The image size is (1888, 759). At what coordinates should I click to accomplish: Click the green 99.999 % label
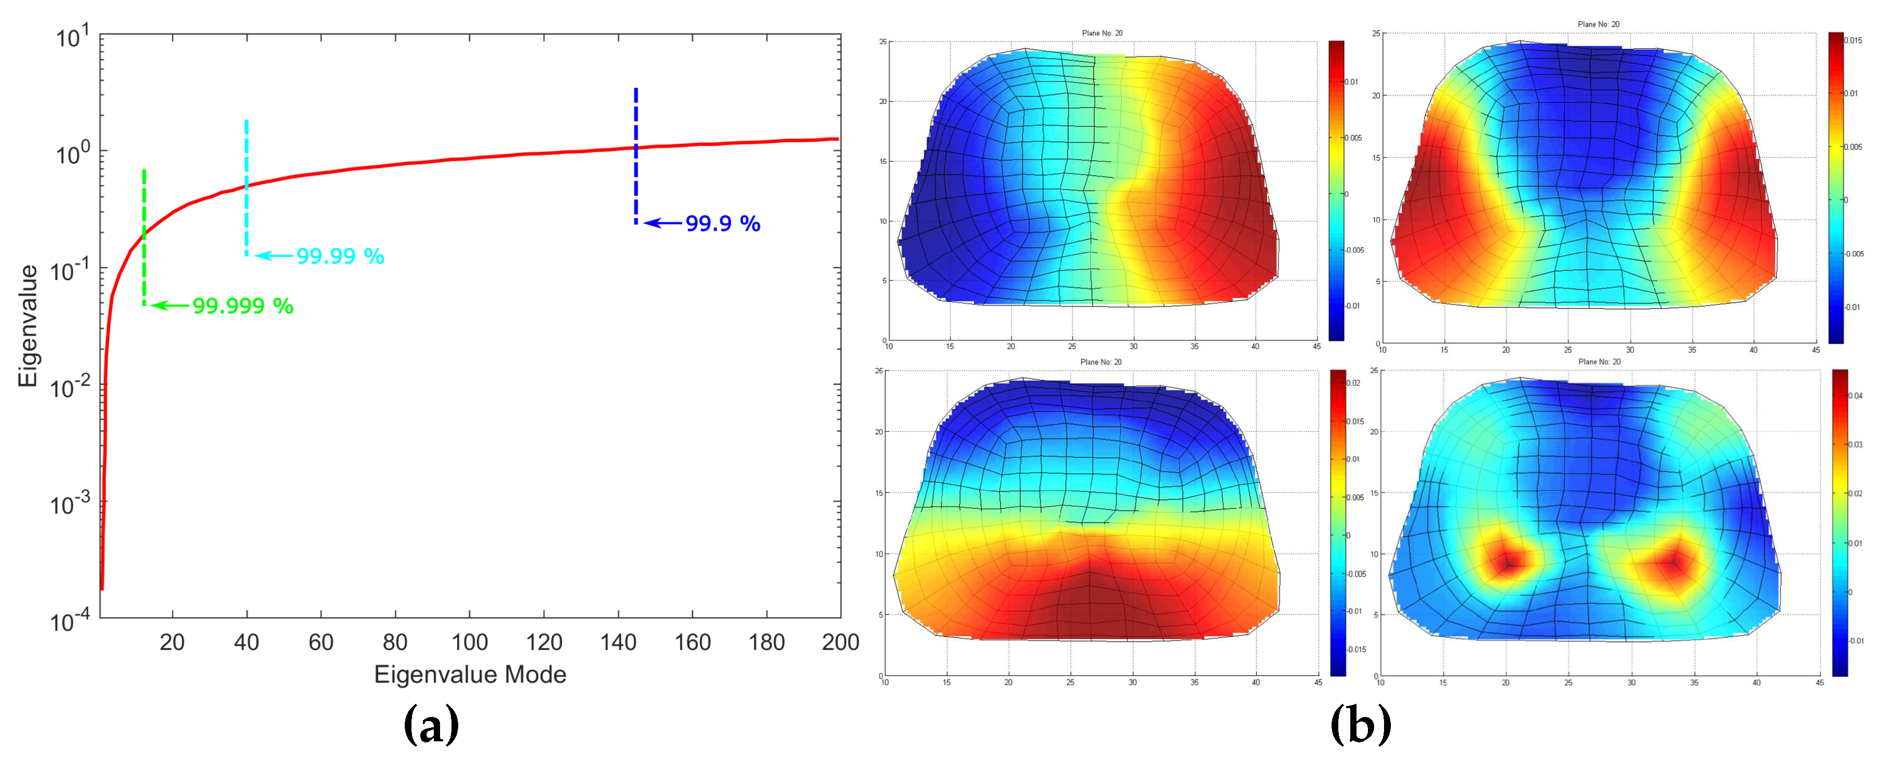(243, 305)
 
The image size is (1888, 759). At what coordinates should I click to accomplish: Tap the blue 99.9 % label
(723, 223)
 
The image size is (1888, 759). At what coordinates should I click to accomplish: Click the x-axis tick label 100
(469, 643)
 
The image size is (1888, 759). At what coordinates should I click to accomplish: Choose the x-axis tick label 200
(840, 643)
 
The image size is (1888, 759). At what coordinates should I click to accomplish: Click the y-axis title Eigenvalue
(28, 326)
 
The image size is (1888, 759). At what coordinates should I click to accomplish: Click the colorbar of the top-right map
(1835, 188)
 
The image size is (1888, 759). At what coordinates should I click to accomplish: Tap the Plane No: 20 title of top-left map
(1101, 33)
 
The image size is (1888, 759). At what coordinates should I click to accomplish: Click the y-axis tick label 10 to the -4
(70, 622)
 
